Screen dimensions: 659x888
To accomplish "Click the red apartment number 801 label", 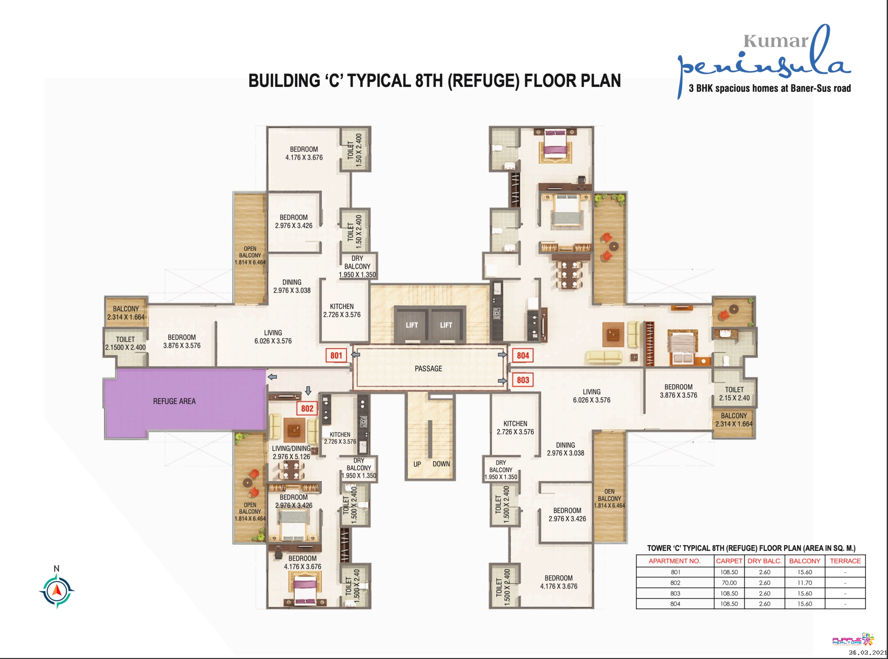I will tap(336, 355).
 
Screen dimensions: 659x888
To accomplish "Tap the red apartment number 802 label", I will tap(307, 408).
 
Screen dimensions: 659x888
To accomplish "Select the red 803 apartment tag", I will tap(523, 380).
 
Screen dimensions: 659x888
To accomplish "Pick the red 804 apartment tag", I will tap(523, 355).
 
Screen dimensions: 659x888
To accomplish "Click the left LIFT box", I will tap(412, 325).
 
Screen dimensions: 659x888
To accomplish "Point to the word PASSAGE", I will tap(428, 368).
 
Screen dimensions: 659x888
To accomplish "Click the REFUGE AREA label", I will tap(174, 401).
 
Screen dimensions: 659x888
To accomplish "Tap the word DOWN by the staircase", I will tap(441, 464).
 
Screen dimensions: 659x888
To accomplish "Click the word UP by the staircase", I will tap(417, 464).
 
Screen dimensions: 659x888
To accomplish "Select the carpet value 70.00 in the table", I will tap(729, 582).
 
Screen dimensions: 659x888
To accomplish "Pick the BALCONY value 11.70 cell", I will tap(804, 582).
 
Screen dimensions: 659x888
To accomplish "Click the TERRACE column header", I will tap(845, 561).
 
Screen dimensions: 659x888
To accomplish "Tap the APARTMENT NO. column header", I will tap(674, 561).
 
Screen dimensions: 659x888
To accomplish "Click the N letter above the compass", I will tap(56, 568).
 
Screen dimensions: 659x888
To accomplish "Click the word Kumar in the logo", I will tap(775, 41).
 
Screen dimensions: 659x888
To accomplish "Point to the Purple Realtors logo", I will tap(853, 640).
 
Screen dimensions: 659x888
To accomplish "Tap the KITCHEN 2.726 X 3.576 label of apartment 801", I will tap(341, 310).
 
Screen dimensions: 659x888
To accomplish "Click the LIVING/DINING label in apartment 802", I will tap(291, 448).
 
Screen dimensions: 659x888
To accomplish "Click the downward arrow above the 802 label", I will tap(308, 391).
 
